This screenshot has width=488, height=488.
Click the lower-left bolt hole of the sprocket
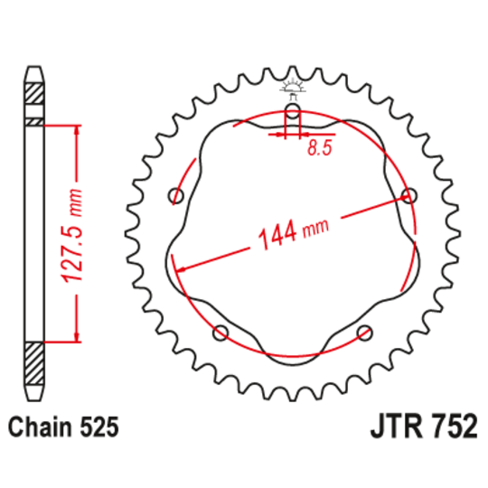pos(220,333)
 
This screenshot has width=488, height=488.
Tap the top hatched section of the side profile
pos(34,93)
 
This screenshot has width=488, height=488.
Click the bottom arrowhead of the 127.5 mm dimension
pos(77,338)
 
